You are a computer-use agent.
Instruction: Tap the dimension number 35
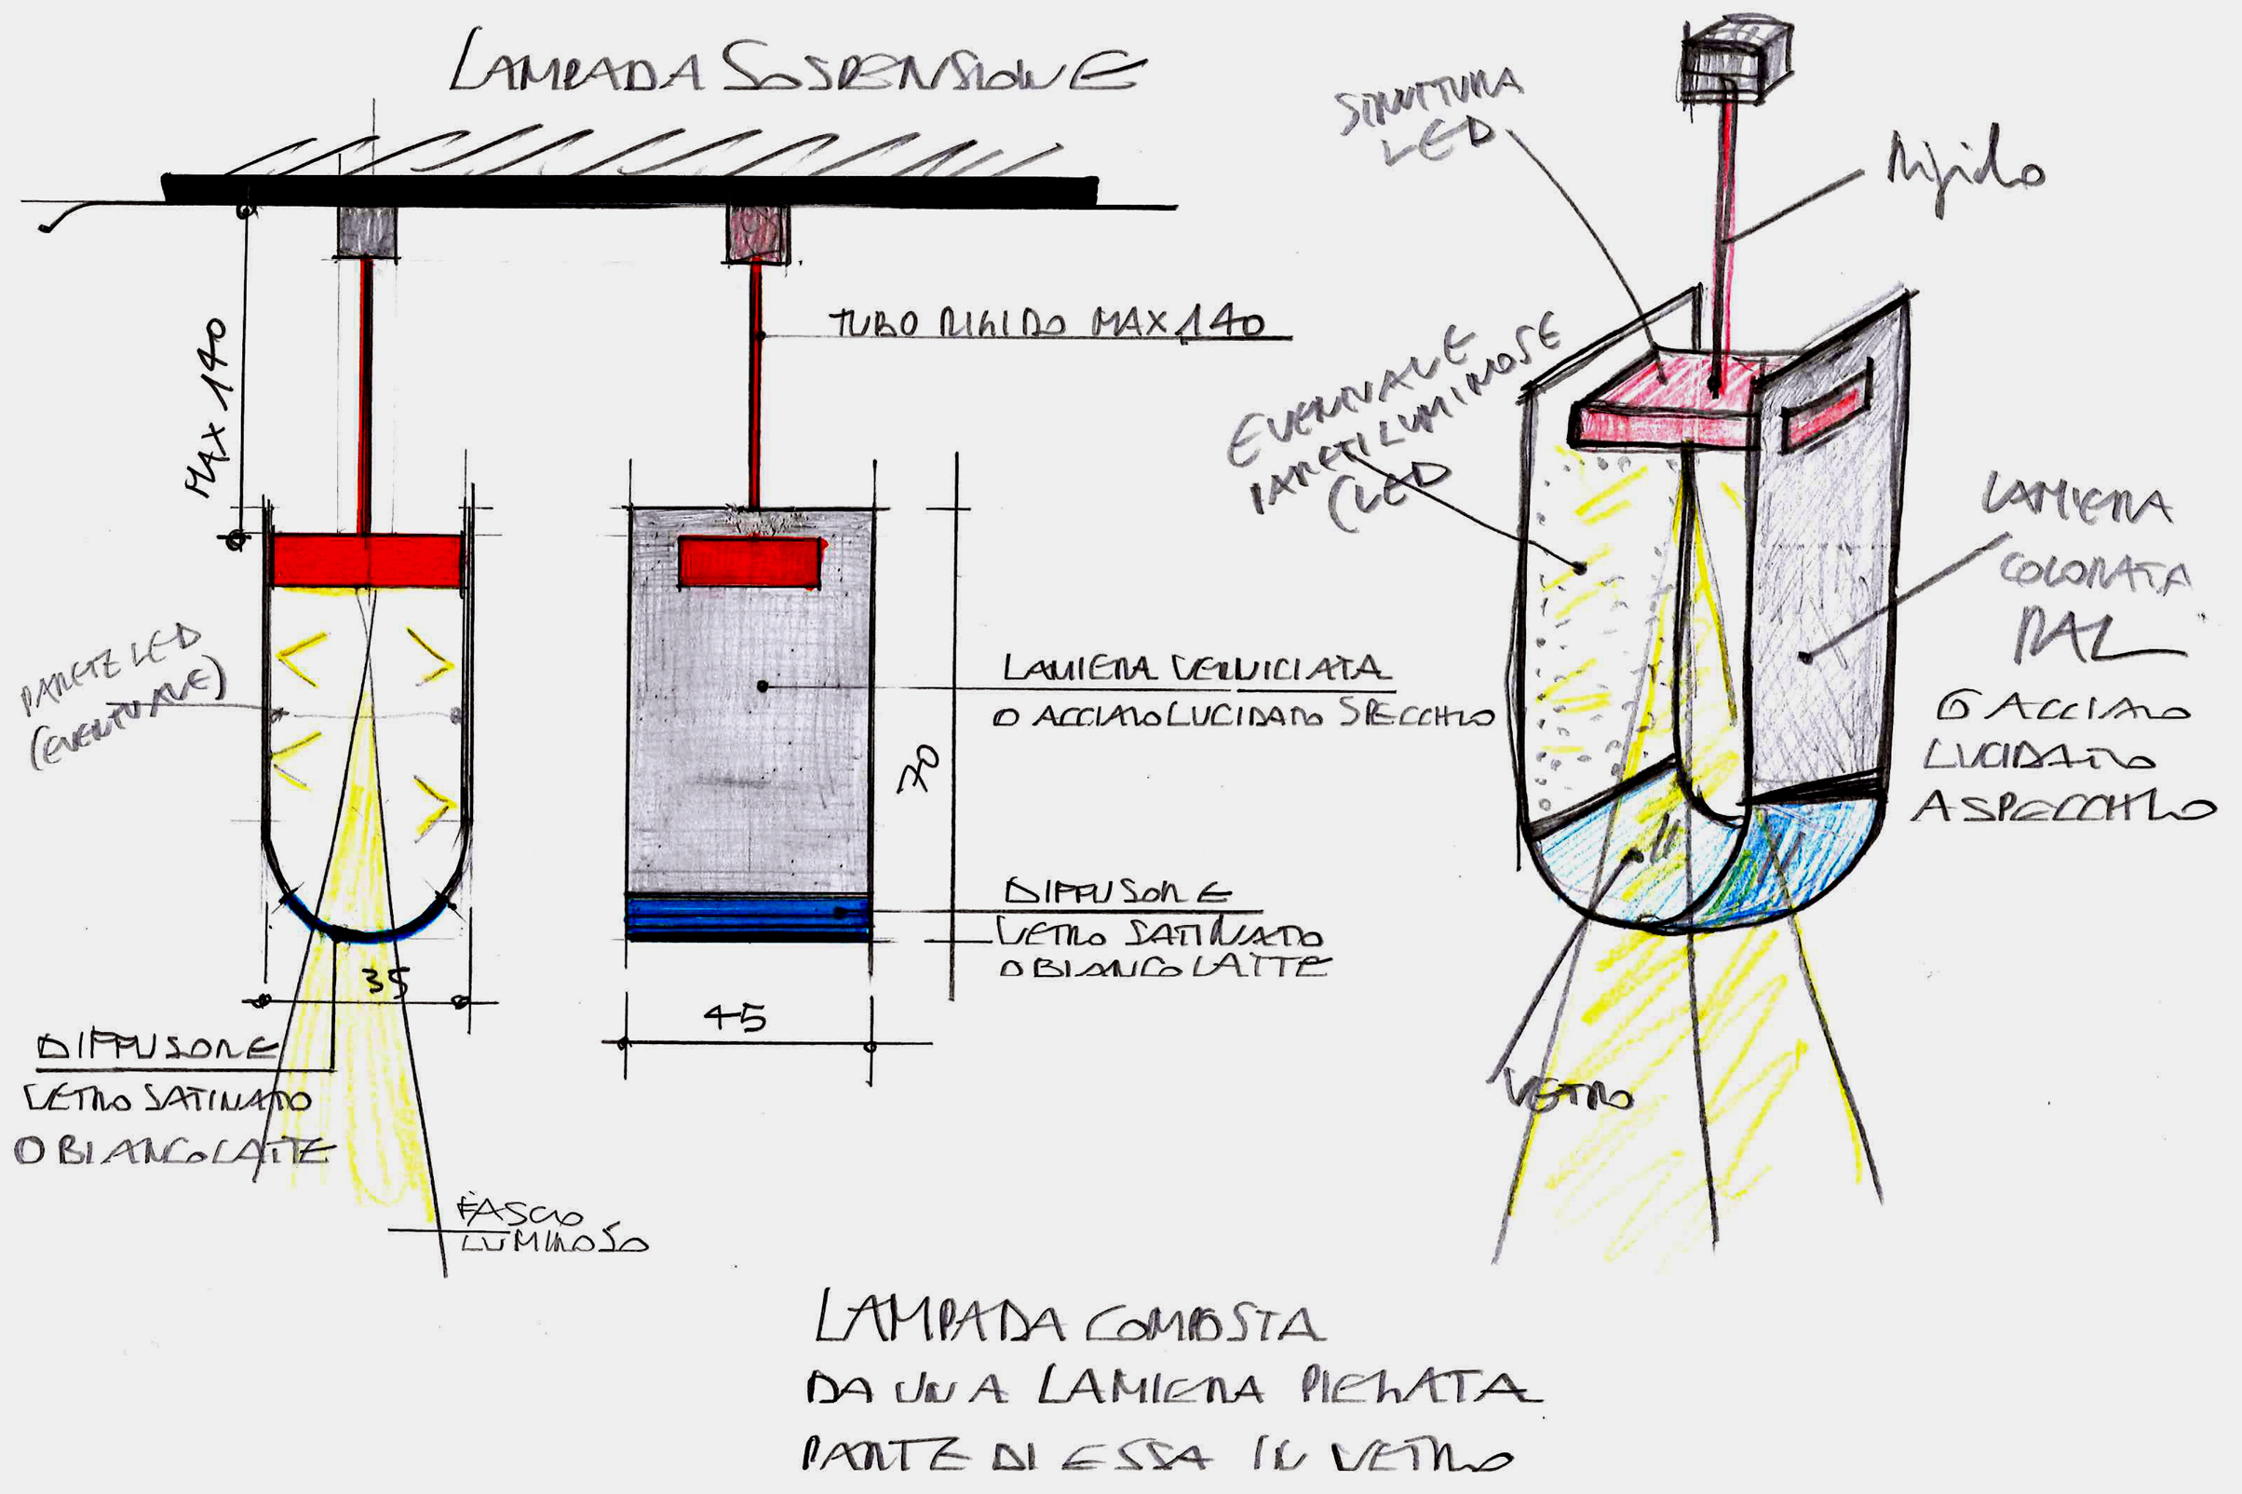tap(386, 980)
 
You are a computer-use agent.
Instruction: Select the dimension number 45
tap(736, 1018)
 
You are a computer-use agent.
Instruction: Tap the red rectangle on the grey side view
tap(750, 563)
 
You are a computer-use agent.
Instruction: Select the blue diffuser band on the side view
tap(749, 917)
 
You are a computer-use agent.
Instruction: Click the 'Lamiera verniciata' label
tap(1195, 668)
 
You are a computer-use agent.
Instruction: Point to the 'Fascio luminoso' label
tap(552, 1229)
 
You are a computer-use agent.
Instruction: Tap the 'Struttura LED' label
tap(1428, 115)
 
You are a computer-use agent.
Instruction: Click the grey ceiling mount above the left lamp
tap(367, 232)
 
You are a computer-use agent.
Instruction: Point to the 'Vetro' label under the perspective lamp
tap(1570, 1095)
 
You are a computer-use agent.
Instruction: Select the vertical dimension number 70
tap(916, 767)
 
